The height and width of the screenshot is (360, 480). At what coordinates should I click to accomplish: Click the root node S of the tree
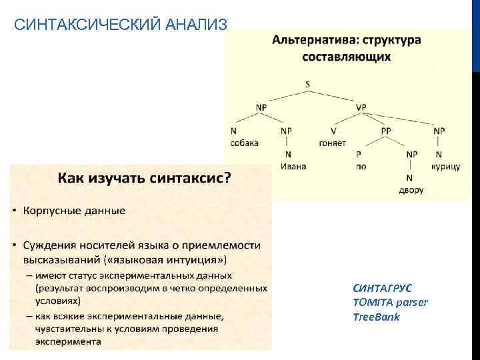(307, 85)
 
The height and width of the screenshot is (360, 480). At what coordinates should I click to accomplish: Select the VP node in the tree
(361, 107)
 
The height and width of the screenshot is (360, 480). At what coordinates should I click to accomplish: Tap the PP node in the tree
(386, 131)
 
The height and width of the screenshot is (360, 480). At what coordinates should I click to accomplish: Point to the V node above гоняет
(333, 131)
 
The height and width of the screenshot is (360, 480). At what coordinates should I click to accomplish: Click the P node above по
(359, 154)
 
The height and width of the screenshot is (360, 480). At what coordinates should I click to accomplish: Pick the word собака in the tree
(245, 143)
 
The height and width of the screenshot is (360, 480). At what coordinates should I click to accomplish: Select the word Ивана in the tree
(293, 166)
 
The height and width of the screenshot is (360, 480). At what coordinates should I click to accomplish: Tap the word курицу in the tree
(445, 166)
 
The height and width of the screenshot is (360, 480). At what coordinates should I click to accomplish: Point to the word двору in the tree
(411, 190)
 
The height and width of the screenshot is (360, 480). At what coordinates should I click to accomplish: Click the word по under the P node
(361, 166)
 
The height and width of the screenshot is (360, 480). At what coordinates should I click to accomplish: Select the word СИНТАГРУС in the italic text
(383, 289)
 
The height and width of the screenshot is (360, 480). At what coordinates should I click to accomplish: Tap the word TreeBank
(376, 317)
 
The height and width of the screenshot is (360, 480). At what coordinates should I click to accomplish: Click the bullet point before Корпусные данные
(15, 211)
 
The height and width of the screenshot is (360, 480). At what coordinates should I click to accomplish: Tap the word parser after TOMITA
(413, 303)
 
